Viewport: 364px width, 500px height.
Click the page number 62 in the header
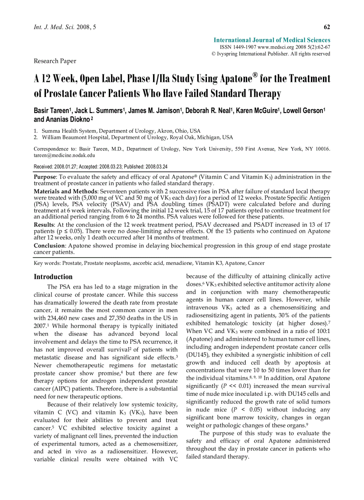click(327, 28)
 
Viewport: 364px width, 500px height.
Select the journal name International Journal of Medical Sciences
click(272, 40)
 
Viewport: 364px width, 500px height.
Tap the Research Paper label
click(55, 61)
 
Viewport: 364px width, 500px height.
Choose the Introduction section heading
click(53, 276)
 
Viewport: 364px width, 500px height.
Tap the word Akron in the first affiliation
click(166, 131)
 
